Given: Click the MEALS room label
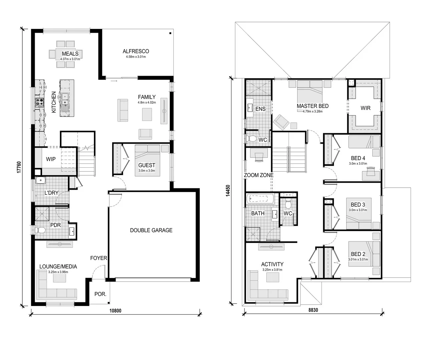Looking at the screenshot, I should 70,54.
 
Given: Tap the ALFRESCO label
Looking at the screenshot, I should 136,51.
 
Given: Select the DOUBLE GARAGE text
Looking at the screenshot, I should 151,230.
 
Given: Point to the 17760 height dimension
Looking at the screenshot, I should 19,167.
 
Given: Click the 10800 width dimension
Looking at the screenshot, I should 115,311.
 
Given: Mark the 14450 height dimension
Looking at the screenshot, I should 228,191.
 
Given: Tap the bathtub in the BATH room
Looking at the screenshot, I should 260,200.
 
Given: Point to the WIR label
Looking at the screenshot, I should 365,108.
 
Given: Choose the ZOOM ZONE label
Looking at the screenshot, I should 259,175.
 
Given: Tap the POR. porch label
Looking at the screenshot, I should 100,294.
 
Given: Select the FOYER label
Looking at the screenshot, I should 98,258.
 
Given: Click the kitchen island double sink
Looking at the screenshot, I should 65,97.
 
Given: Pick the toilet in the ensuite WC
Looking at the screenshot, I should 251,138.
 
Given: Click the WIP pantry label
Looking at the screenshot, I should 51,159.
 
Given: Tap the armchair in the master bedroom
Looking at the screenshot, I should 281,122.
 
